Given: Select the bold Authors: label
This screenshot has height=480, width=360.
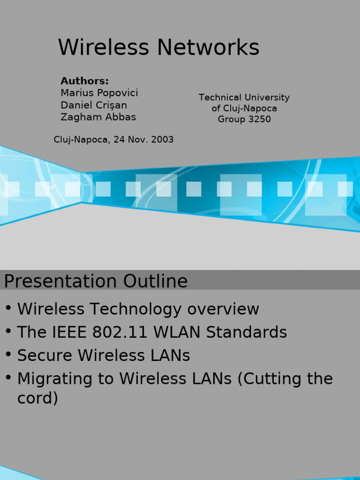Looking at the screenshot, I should (84, 81).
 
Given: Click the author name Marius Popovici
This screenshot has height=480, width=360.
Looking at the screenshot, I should (99, 93).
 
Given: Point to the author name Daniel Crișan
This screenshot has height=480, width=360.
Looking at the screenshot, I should (94, 105).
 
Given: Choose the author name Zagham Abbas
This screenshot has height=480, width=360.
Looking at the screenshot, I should (98, 117).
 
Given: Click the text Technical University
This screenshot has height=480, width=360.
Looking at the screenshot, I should (244, 97).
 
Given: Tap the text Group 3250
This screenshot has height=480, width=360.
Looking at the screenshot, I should (244, 119).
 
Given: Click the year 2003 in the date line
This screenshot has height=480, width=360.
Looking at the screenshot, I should (163, 140).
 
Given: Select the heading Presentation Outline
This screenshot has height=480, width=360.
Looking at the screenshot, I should (96, 281).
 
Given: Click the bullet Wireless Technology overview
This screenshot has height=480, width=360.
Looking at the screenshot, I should (138, 309).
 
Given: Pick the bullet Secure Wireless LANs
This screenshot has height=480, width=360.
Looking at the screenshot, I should (104, 356).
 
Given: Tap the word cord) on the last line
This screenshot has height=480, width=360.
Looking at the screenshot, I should (37, 398).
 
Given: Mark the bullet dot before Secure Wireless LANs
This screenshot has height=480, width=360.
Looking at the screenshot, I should (8, 354).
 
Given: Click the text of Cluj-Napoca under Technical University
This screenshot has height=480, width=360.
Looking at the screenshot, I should (244, 108).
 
